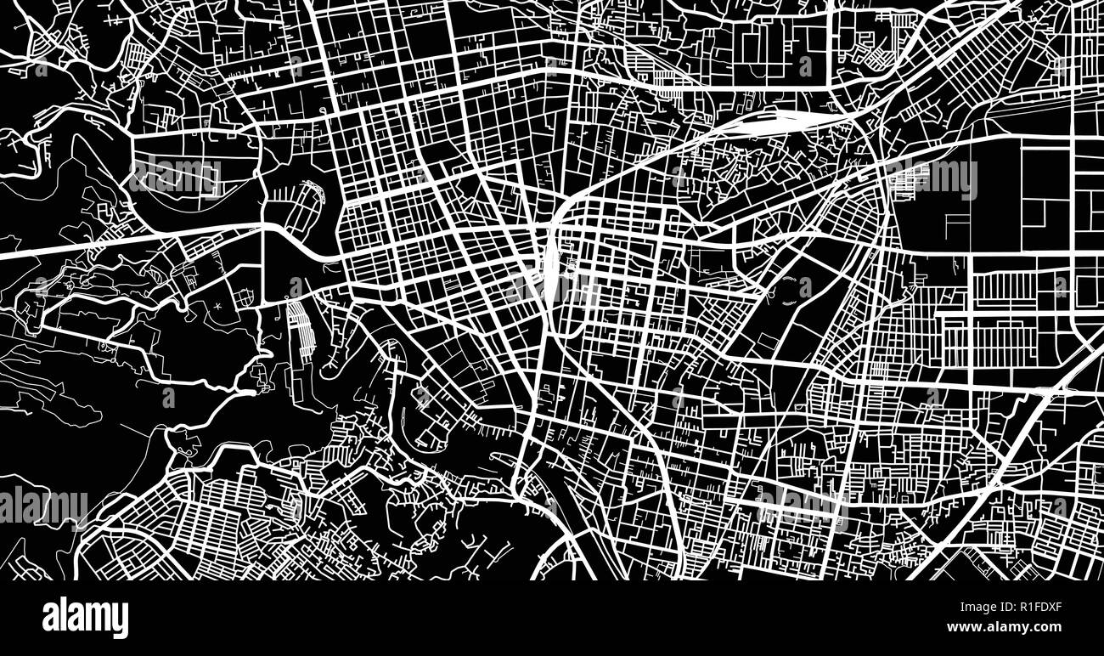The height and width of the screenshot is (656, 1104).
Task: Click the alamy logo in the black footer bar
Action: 85,618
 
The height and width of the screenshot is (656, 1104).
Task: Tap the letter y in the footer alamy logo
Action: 121,620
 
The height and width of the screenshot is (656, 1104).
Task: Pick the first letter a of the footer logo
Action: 49,619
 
